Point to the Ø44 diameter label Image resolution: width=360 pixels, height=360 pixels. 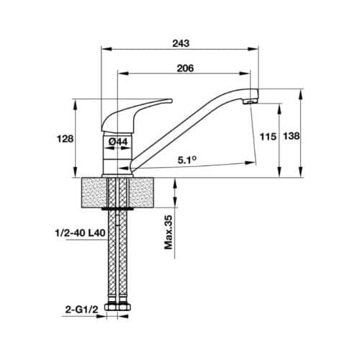coord(119,142)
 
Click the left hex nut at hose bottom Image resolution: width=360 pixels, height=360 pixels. coord(110,307)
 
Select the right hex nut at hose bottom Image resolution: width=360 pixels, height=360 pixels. coord(125,307)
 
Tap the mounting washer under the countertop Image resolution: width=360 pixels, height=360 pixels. coord(117,209)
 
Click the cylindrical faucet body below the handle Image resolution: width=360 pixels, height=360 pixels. coord(117,151)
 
